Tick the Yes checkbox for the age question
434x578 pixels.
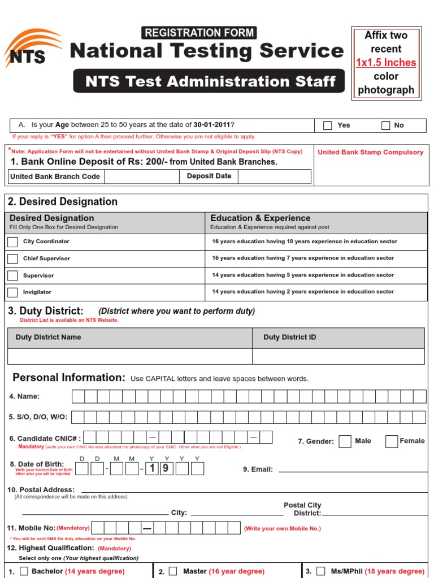(x=327, y=125)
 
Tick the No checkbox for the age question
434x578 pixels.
(x=385, y=125)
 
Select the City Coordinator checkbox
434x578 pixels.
(x=12, y=242)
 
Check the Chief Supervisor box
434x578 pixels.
(x=12, y=259)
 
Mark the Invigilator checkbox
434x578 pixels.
(x=12, y=292)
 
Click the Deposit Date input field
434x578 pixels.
(x=274, y=176)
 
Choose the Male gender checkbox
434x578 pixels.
(x=345, y=441)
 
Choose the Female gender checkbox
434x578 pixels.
(x=391, y=441)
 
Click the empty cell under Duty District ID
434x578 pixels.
(x=338, y=356)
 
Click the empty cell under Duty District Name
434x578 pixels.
(x=129, y=356)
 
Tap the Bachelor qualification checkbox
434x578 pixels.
(x=24, y=571)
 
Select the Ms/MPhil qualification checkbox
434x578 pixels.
(x=321, y=571)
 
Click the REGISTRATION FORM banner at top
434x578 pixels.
(x=199, y=33)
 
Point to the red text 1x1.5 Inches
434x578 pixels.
(x=386, y=63)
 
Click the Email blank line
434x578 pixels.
(x=350, y=469)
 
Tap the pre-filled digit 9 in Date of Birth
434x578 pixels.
(x=167, y=468)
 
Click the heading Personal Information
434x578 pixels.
(x=68, y=378)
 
